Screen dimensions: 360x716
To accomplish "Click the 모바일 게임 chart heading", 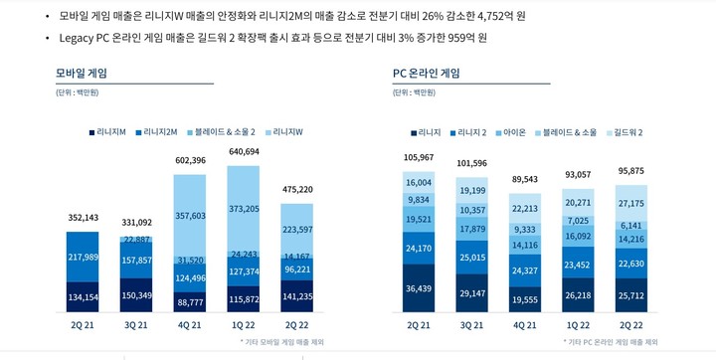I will point(82,73).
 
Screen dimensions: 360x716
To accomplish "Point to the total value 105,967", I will point(419,158).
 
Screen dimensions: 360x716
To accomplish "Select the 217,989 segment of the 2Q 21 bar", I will point(83,257).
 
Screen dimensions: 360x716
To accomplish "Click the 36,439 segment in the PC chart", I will point(419,288).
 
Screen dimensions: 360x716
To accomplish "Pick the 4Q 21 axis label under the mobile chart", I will point(190,324).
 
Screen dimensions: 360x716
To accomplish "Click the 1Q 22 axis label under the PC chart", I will point(578,324).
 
